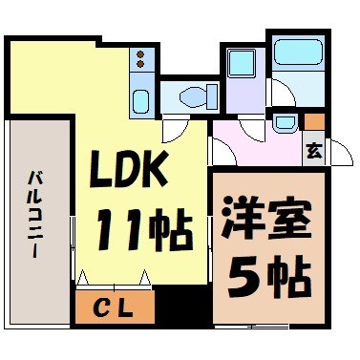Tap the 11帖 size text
click(x=143, y=230)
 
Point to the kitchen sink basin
click(x=139, y=101)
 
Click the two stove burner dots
click(x=140, y=59)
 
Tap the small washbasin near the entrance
click(x=285, y=123)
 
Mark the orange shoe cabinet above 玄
click(x=314, y=123)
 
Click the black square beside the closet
click(x=173, y=307)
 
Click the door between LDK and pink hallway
click(x=220, y=148)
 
